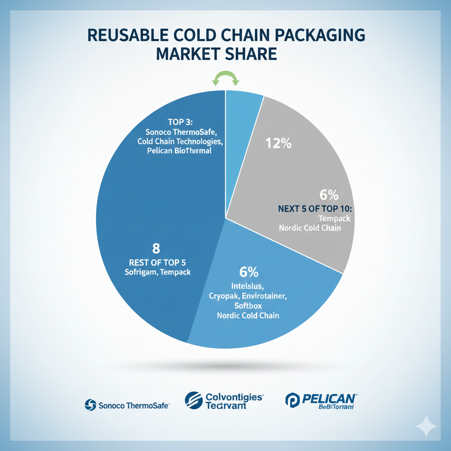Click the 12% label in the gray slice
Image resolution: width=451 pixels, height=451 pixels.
click(x=279, y=143)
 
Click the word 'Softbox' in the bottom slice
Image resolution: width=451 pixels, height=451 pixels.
click(x=247, y=306)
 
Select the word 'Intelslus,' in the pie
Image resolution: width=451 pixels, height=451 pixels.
click(x=247, y=287)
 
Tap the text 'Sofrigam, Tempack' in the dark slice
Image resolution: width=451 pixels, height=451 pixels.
click(x=158, y=272)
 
